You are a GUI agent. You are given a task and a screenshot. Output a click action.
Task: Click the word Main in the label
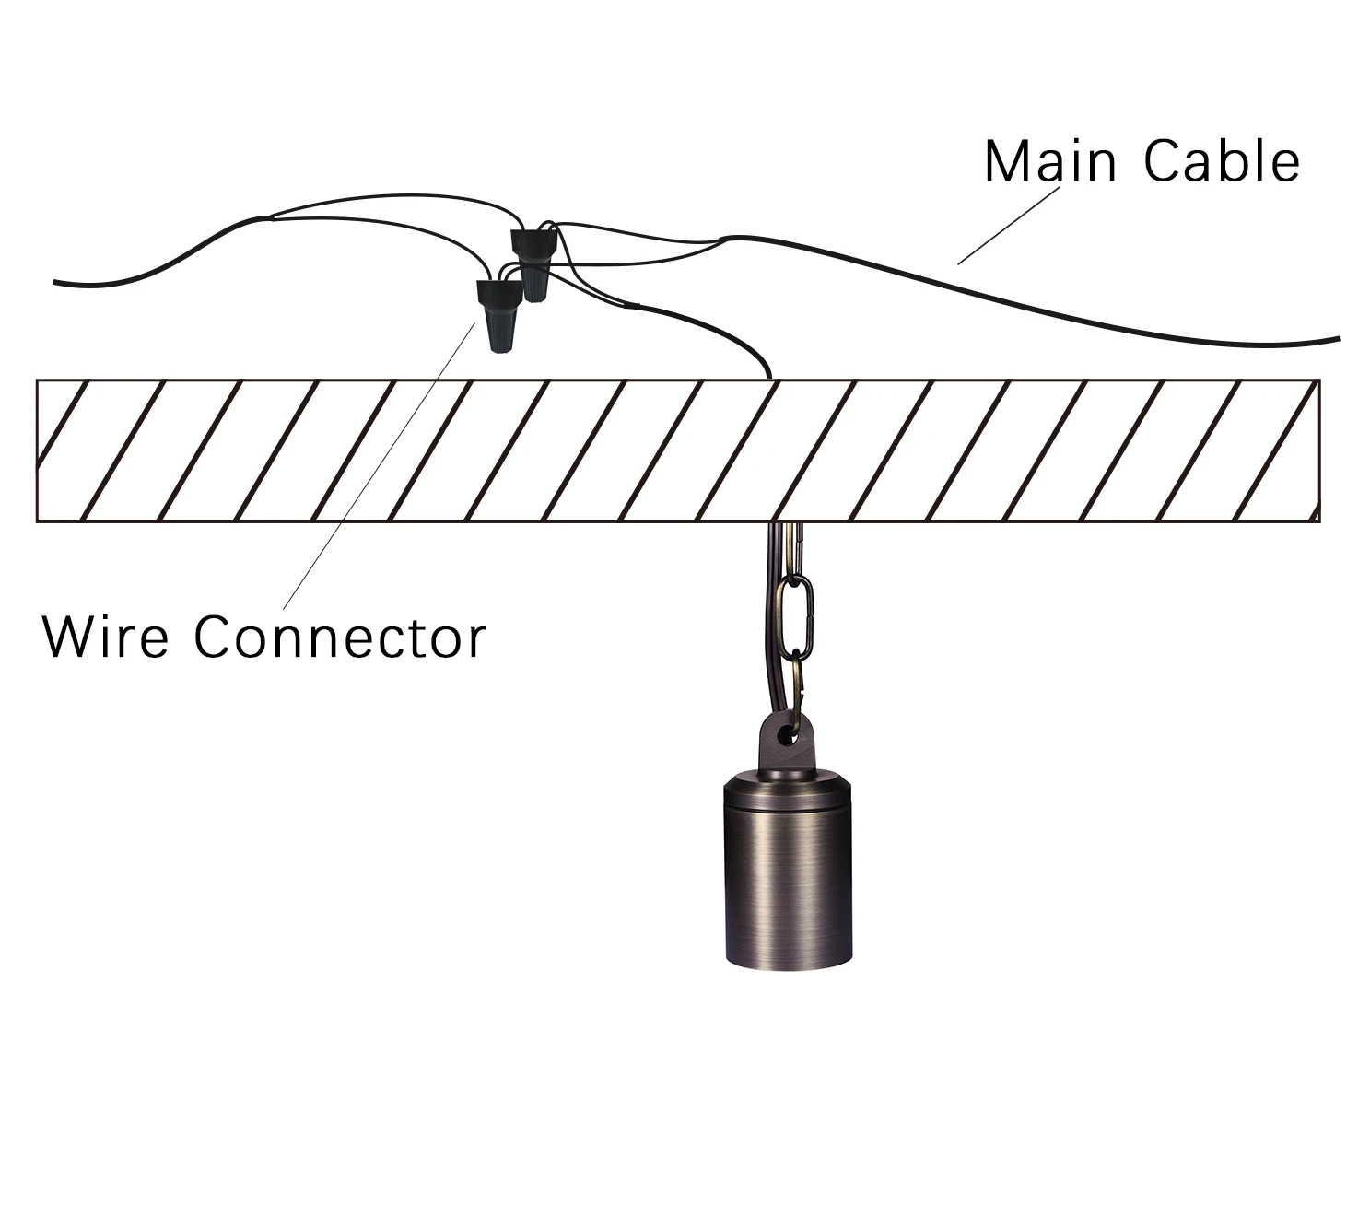tap(1050, 161)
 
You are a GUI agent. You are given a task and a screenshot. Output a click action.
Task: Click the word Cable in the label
tap(1222, 161)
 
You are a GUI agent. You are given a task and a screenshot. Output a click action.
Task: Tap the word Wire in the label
tap(105, 637)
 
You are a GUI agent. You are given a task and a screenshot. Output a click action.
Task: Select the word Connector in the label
tap(340, 637)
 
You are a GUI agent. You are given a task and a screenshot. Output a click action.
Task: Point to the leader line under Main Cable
tap(1008, 225)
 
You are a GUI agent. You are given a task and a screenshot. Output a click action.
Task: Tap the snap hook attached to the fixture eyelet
tap(798, 691)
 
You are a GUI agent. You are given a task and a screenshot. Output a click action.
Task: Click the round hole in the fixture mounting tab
tap(786, 733)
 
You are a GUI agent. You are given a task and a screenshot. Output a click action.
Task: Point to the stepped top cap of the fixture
tap(788, 788)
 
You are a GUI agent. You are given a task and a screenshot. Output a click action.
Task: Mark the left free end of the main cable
tap(55, 281)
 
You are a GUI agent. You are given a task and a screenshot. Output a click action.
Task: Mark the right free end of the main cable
tap(1339, 339)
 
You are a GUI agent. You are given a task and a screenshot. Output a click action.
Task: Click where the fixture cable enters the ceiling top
tap(770, 379)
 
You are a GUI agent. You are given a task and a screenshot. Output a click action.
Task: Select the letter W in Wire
tap(70, 637)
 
